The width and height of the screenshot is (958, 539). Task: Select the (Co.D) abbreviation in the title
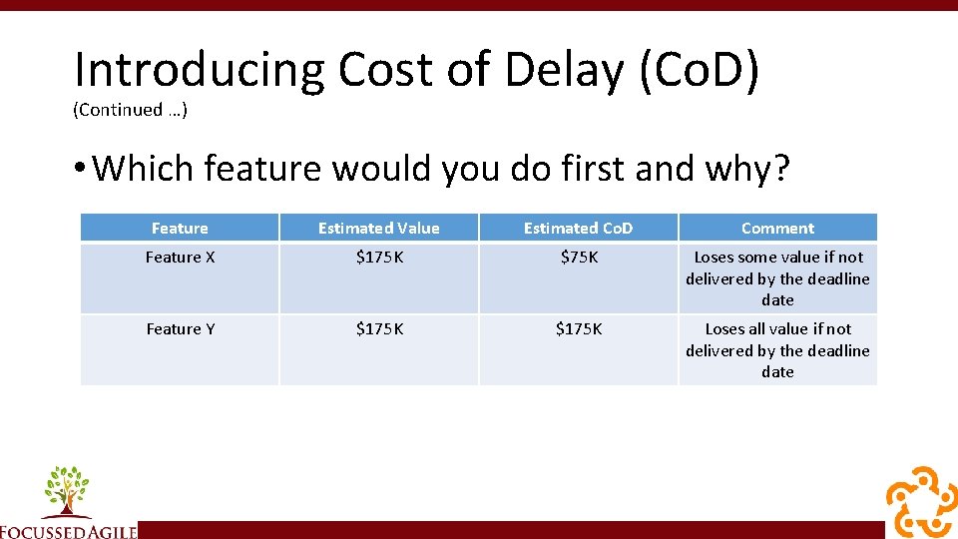point(703,71)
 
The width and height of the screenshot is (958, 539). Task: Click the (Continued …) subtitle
point(130,110)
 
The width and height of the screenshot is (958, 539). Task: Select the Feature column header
point(180,229)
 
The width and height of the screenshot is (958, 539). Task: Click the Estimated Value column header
point(378,229)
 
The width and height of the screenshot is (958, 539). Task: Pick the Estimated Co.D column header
point(578,229)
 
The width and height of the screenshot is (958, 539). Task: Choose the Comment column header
point(777,229)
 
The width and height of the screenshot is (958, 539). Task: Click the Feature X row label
point(180,258)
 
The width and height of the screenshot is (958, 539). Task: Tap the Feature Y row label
point(180,329)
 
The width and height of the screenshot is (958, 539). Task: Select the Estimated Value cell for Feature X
point(379,258)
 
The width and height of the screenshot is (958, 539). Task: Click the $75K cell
point(579,258)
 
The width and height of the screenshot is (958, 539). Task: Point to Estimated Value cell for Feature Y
point(379,329)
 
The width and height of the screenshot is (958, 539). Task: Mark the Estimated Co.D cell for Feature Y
point(579,329)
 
